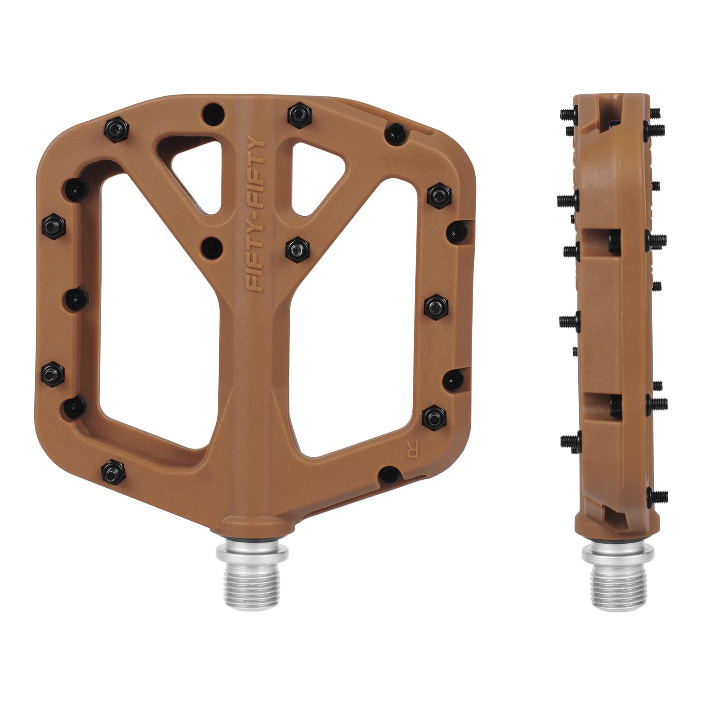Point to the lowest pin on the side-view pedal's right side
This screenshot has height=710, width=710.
click(x=660, y=493)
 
